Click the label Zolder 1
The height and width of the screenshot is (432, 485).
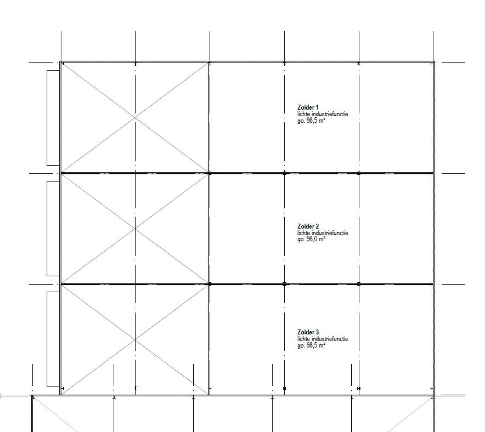pyautogui.click(x=308, y=107)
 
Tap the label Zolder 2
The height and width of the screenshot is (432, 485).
pyautogui.click(x=308, y=226)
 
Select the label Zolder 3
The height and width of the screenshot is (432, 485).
pyautogui.click(x=308, y=332)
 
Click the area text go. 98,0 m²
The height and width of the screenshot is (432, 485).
pyautogui.click(x=311, y=239)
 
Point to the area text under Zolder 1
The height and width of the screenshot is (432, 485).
pyautogui.click(x=311, y=121)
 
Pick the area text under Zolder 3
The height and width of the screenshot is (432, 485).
pyautogui.click(x=311, y=345)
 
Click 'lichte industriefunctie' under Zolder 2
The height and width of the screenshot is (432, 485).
pyautogui.click(x=323, y=233)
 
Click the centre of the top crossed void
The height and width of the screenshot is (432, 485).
pyautogui.click(x=135, y=117)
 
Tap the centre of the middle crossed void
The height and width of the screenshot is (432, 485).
pyautogui.click(x=135, y=229)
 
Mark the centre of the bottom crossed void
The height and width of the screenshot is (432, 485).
pyautogui.click(x=135, y=340)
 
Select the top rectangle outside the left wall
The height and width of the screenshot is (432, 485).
pyautogui.click(x=53, y=118)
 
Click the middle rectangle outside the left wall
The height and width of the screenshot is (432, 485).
pyautogui.click(x=53, y=229)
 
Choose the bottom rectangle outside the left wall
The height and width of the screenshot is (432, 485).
pyautogui.click(x=53, y=339)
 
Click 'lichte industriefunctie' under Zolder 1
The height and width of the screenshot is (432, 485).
pyautogui.click(x=323, y=114)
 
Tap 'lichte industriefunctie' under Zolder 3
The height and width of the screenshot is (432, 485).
pyautogui.click(x=323, y=339)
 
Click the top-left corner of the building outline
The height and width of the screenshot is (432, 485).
pyautogui.click(x=60, y=61)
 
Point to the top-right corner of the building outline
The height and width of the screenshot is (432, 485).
pyautogui.click(x=435, y=61)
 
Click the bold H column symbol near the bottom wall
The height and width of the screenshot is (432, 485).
pyautogui.click(x=358, y=388)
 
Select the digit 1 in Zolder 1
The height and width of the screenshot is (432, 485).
pyautogui.click(x=317, y=108)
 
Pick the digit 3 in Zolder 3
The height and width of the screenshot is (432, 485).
pyautogui.click(x=317, y=332)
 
